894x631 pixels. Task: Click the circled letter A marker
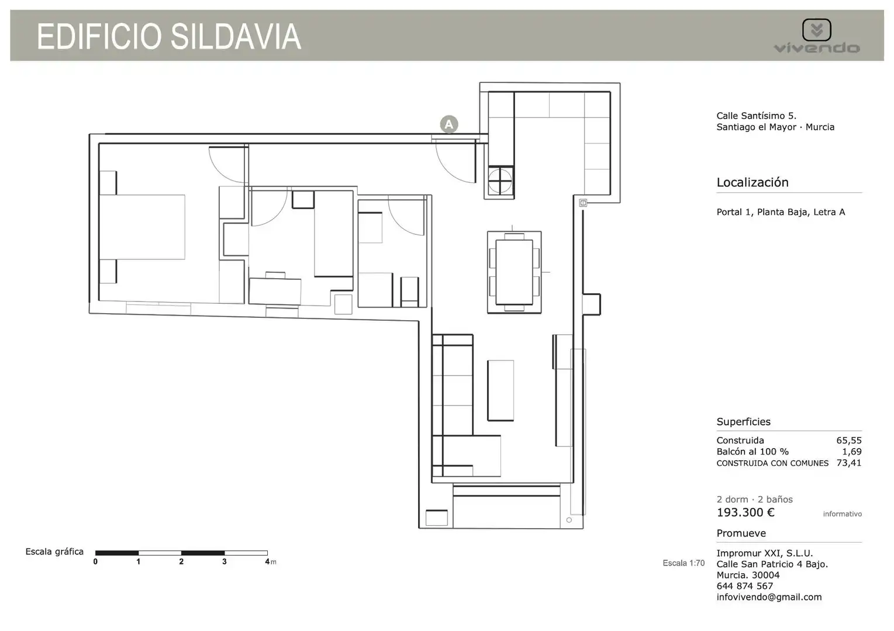click(x=449, y=124)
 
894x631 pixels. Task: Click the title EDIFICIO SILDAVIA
click(x=169, y=37)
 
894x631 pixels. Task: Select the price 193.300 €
click(x=745, y=512)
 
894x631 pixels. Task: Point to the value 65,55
click(x=849, y=441)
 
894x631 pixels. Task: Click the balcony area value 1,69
click(x=852, y=452)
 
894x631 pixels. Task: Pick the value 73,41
click(x=849, y=463)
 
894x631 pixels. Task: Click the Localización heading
click(x=753, y=182)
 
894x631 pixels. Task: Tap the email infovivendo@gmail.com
click(x=769, y=597)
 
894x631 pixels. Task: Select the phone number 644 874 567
click(x=745, y=586)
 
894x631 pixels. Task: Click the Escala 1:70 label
click(x=684, y=563)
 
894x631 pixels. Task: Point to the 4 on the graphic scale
click(x=267, y=561)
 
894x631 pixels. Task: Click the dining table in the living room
click(x=514, y=272)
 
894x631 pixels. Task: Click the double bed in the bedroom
click(x=142, y=227)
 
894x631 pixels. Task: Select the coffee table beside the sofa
click(x=500, y=390)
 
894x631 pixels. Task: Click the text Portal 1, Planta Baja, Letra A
click(x=781, y=212)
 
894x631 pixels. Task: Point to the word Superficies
click(x=744, y=422)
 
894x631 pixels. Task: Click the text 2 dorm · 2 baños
click(x=755, y=500)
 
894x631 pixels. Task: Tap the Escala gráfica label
click(x=55, y=552)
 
